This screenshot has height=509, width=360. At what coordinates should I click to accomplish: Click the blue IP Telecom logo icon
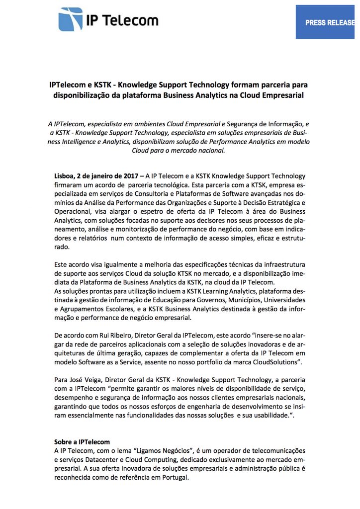[71, 19]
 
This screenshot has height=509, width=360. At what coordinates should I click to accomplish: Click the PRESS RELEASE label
[330, 22]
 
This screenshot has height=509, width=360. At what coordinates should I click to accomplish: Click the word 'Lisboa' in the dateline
[65, 176]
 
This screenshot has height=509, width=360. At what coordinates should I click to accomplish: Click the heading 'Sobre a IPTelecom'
[82, 441]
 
